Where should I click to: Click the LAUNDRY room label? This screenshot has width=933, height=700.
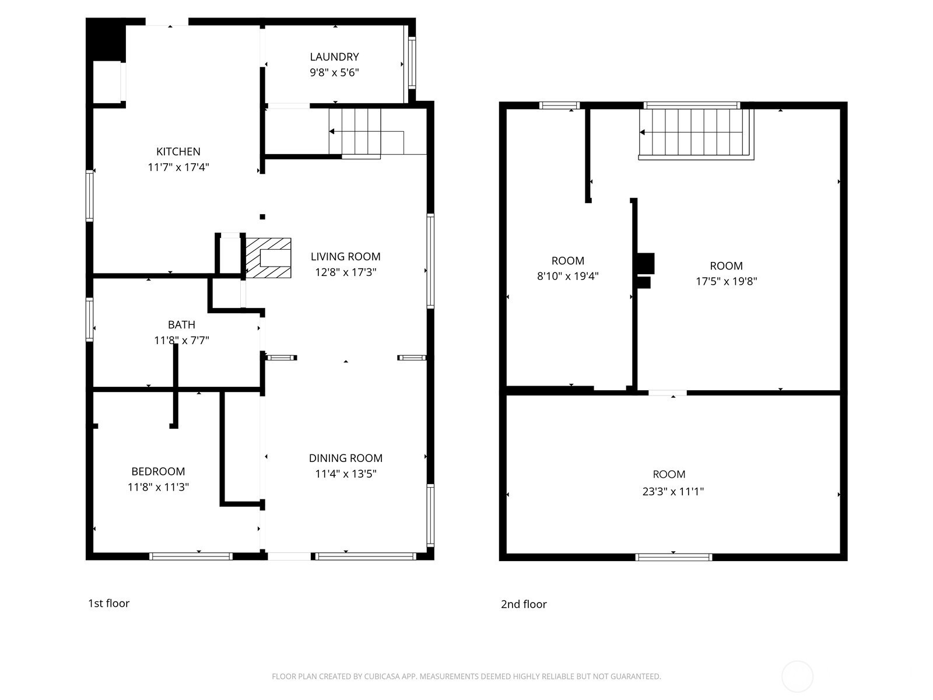pyautogui.click(x=334, y=57)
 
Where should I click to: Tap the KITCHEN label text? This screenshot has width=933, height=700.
pyautogui.click(x=178, y=151)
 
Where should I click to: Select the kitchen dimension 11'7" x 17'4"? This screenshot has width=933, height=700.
pyautogui.click(x=178, y=167)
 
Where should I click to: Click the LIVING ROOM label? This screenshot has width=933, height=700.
pyautogui.click(x=345, y=256)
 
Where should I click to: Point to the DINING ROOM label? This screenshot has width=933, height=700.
pyautogui.click(x=345, y=458)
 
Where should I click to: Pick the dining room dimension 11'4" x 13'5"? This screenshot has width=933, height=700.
pyautogui.click(x=345, y=474)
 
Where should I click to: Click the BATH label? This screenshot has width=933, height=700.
pyautogui.click(x=181, y=325)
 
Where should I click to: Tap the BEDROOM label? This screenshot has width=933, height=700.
pyautogui.click(x=157, y=471)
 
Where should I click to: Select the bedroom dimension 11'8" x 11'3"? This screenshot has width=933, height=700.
pyautogui.click(x=157, y=487)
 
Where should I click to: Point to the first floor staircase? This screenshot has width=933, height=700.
pyautogui.click(x=366, y=132)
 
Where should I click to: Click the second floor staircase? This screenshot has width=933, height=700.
pyautogui.click(x=696, y=134)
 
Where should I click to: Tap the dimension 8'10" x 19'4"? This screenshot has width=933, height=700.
pyautogui.click(x=567, y=276)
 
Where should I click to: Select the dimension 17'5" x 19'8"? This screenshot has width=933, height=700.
pyautogui.click(x=726, y=281)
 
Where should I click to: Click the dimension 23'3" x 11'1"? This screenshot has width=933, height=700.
pyautogui.click(x=673, y=491)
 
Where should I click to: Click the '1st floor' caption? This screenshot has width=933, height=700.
pyautogui.click(x=108, y=603)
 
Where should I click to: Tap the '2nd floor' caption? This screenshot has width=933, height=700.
pyautogui.click(x=524, y=604)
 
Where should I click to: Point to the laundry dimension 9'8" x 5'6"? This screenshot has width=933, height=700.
pyautogui.click(x=334, y=72)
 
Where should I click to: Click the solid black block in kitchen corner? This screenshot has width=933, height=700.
pyautogui.click(x=106, y=40)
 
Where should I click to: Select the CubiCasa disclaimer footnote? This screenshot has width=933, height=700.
pyautogui.click(x=466, y=676)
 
